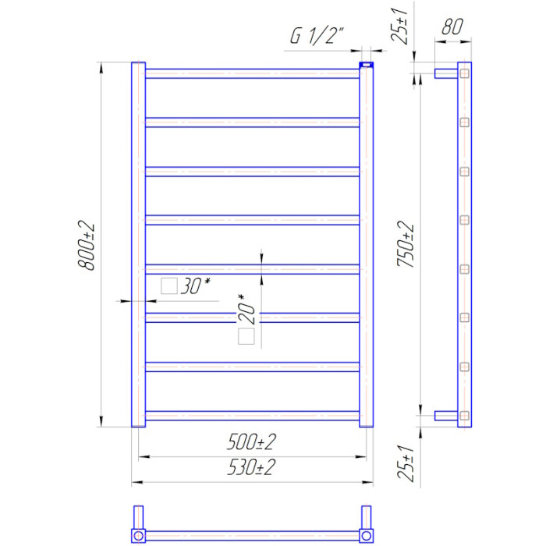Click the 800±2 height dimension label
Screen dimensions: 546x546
86,245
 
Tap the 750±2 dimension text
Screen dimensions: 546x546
406,243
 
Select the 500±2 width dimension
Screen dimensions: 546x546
251,442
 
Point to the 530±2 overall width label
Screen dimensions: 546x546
251,467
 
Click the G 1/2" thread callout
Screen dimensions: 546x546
317,36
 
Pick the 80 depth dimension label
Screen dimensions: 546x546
452,27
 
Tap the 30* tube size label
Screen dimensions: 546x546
196,286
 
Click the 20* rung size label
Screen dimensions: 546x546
246,309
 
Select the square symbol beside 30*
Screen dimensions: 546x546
169,286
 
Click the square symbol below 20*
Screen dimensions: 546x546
246,336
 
